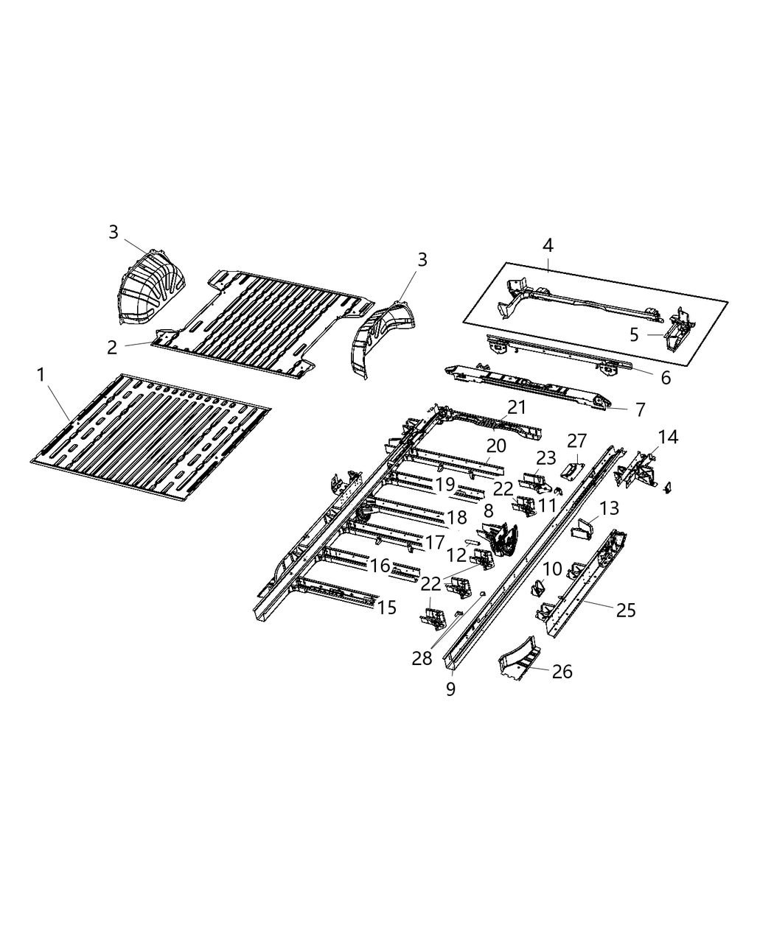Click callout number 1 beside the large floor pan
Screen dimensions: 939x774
click(41, 376)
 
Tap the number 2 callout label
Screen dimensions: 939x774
click(112, 348)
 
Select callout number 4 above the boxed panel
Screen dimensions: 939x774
click(548, 245)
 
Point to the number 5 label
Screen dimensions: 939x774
click(634, 336)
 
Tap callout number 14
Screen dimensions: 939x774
click(668, 437)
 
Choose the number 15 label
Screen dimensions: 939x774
click(387, 608)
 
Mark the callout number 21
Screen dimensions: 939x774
click(517, 407)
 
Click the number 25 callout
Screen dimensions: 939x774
click(626, 610)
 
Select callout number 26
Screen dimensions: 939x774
click(562, 672)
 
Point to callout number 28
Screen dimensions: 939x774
click(422, 658)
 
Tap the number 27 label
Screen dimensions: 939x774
click(576, 441)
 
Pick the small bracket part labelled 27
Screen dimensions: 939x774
click(571, 469)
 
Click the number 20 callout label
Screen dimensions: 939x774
click(496, 446)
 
